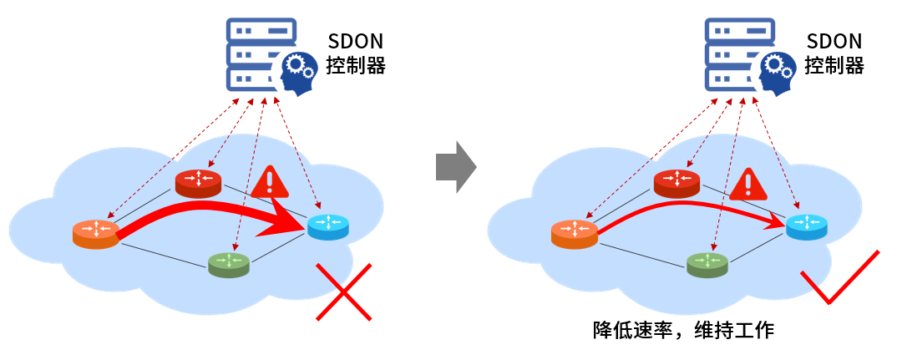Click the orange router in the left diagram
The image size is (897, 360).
(95, 234)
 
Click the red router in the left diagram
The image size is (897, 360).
(198, 183)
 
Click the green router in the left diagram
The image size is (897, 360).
(229, 264)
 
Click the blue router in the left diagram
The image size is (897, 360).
(329, 226)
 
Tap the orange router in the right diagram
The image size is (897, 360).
(575, 233)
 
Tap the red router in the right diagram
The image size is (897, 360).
(677, 183)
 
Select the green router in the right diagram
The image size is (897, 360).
(707, 264)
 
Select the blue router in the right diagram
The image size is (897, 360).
(807, 226)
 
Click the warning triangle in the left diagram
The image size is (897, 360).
(269, 182)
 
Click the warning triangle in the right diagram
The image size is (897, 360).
(747, 184)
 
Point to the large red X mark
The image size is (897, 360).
(343, 291)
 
